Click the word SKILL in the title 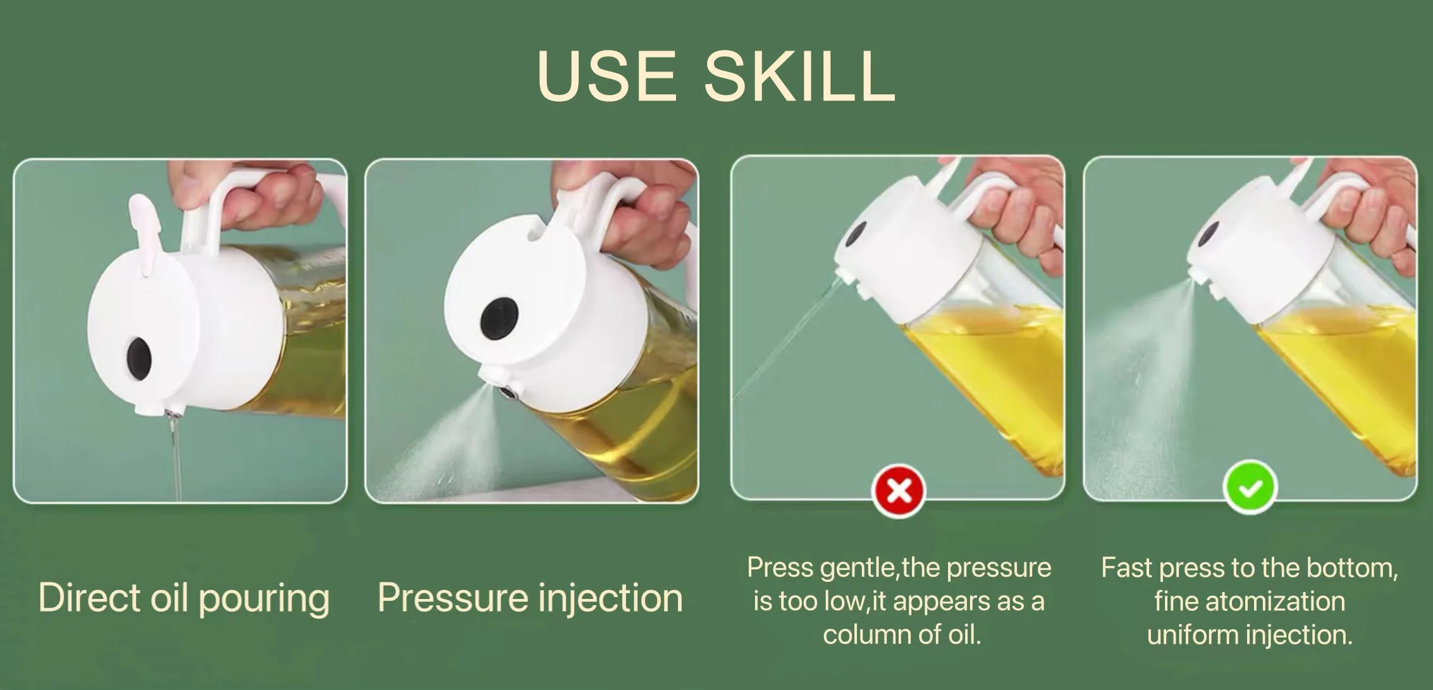pyautogui.click(x=799, y=76)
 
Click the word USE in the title pyautogui.click(x=606, y=76)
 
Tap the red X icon pyautogui.click(x=898, y=490)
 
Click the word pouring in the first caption pyautogui.click(x=264, y=598)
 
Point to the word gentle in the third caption pyautogui.click(x=858, y=569)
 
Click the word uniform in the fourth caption pyautogui.click(x=1190, y=634)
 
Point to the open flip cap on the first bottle pyautogui.click(x=142, y=234)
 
